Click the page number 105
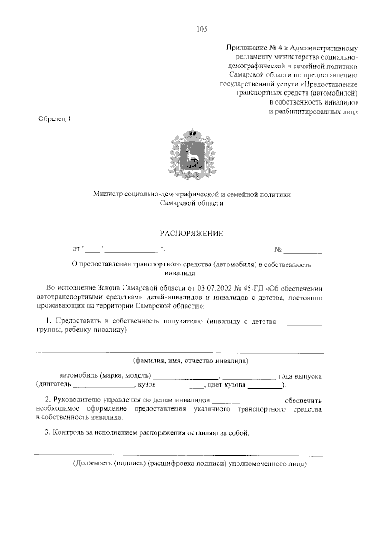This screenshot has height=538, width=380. (201, 29)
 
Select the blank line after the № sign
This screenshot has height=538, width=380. (303, 252)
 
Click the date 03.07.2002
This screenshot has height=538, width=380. (214, 288)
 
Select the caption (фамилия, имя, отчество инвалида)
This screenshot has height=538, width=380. (190, 361)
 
